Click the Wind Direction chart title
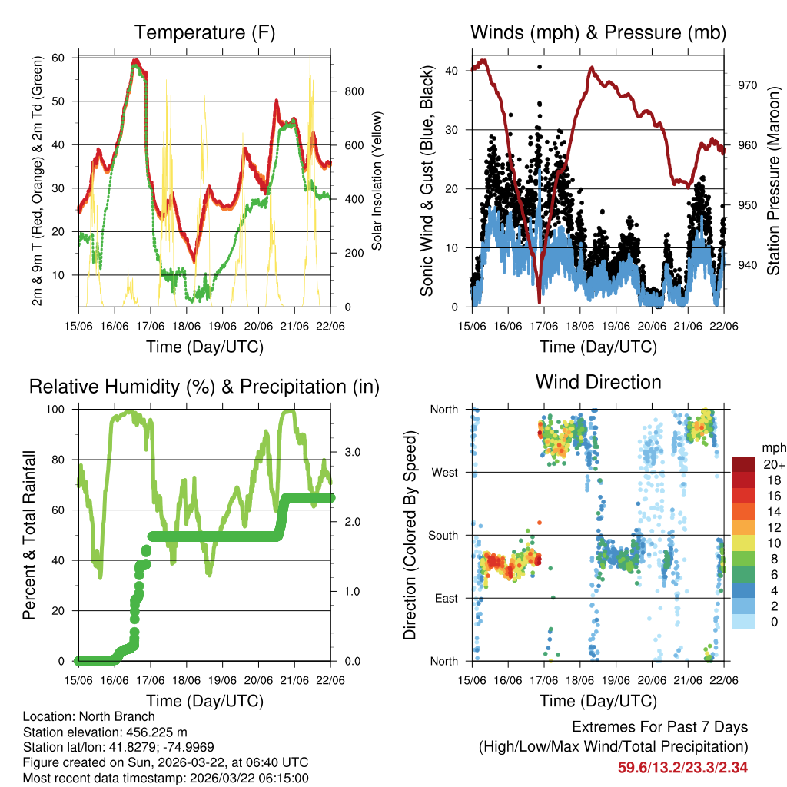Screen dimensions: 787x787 [598, 382]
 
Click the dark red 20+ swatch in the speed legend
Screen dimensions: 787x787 [744, 463]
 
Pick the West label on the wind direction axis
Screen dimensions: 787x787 [445, 472]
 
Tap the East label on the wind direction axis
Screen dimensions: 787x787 [446, 598]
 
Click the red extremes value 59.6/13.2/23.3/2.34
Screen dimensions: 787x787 [683, 767]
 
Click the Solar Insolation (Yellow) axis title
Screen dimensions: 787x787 [377, 181]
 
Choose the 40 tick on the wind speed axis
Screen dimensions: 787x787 [453, 71]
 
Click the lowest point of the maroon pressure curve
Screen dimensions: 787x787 [540, 293]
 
